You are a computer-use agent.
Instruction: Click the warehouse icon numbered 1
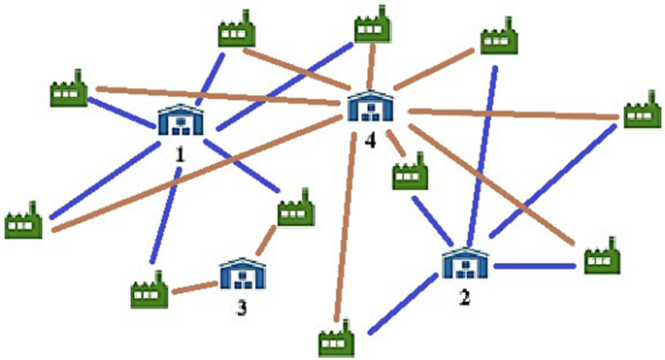(181, 120)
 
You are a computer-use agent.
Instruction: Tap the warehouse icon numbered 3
(240, 275)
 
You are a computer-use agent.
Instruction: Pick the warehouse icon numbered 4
(370, 107)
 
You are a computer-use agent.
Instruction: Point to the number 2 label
(465, 297)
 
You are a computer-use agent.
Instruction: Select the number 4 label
(370, 141)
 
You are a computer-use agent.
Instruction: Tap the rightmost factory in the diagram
(640, 111)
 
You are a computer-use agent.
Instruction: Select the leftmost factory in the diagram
(22, 221)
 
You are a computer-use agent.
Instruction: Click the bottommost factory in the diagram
(336, 340)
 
